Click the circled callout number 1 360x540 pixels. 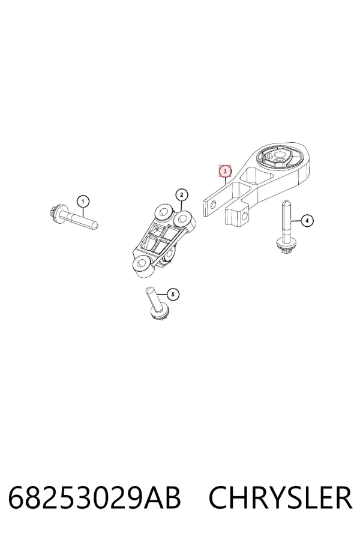83,201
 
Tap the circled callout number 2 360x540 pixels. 182,195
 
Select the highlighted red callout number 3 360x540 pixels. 226,171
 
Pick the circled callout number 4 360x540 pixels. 307,220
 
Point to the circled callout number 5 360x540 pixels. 173,295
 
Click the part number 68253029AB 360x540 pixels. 94,497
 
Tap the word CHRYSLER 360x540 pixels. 280,497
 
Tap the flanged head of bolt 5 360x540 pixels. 160,313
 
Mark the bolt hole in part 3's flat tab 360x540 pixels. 212,206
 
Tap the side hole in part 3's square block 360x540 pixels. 245,216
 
